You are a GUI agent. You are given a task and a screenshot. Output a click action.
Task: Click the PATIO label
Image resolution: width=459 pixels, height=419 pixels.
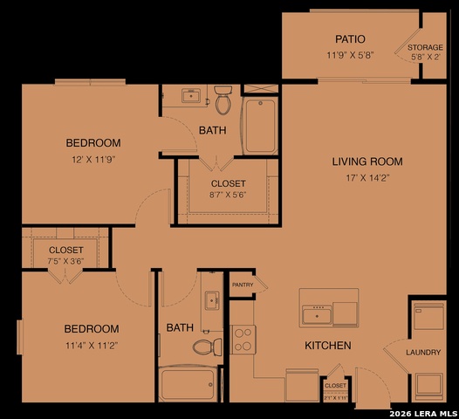[350, 39]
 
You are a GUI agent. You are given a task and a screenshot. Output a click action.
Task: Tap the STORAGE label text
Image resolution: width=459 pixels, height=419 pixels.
[426, 47]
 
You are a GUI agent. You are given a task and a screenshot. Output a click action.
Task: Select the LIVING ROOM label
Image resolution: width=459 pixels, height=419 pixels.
[367, 161]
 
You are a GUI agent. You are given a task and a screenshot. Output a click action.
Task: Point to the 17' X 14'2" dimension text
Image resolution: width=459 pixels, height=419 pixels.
[367, 179]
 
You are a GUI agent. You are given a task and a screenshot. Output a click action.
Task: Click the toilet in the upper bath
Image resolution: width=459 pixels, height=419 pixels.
[223, 101]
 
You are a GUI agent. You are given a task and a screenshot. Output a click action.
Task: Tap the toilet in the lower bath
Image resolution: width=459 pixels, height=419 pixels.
[207, 347]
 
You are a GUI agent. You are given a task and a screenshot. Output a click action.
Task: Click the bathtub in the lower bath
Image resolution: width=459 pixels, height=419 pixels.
[188, 384]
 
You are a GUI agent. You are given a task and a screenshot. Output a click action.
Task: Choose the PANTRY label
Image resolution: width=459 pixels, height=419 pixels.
[242, 285]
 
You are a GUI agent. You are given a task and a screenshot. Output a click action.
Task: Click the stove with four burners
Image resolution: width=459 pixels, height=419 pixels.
[243, 339]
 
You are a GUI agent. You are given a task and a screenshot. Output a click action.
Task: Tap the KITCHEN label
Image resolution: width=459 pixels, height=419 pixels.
[327, 346]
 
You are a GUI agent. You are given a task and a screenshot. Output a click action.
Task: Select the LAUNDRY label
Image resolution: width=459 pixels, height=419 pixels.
[423, 353]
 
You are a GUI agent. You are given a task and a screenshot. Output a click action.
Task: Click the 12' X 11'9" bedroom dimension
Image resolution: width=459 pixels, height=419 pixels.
[93, 160]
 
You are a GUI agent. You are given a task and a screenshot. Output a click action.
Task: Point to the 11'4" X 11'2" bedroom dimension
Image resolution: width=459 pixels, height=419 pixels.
[91, 346]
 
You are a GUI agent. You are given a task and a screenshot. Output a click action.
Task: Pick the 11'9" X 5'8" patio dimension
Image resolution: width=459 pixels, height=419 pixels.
[350, 56]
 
